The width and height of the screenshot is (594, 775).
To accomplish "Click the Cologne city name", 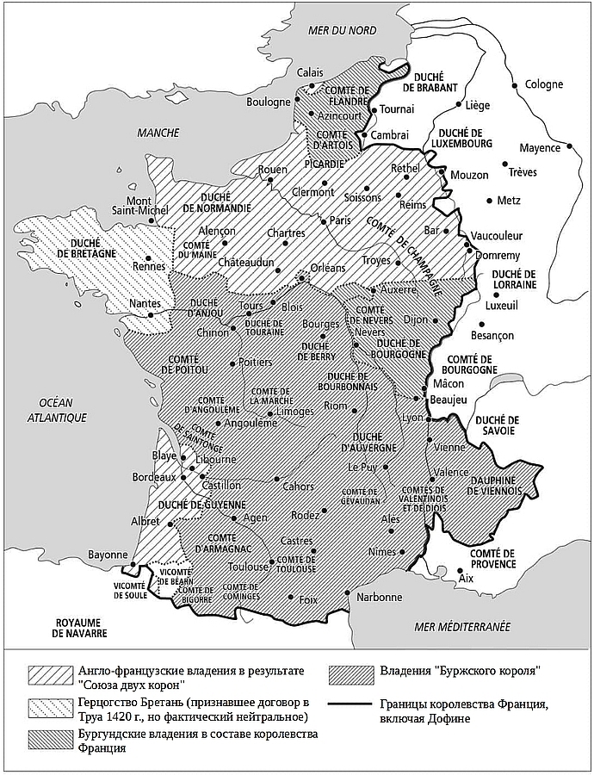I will pos(543,84).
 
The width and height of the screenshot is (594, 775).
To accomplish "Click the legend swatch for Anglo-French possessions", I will pos(47,672).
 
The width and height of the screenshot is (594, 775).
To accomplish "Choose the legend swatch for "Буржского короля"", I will pos(350,672).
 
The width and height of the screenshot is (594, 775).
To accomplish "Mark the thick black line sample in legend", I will pos(350,704).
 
